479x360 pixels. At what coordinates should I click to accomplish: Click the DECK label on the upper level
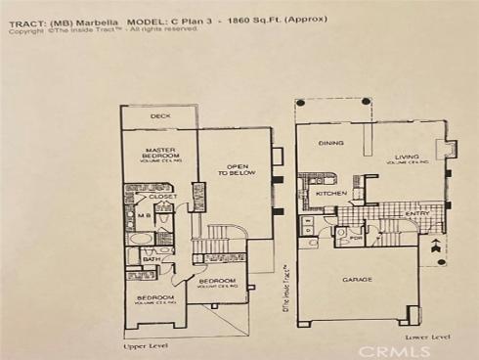(160, 115)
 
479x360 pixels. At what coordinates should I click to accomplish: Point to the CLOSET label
(163, 197)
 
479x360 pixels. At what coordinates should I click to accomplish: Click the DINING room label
(331, 144)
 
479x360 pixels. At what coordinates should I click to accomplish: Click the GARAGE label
(357, 280)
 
